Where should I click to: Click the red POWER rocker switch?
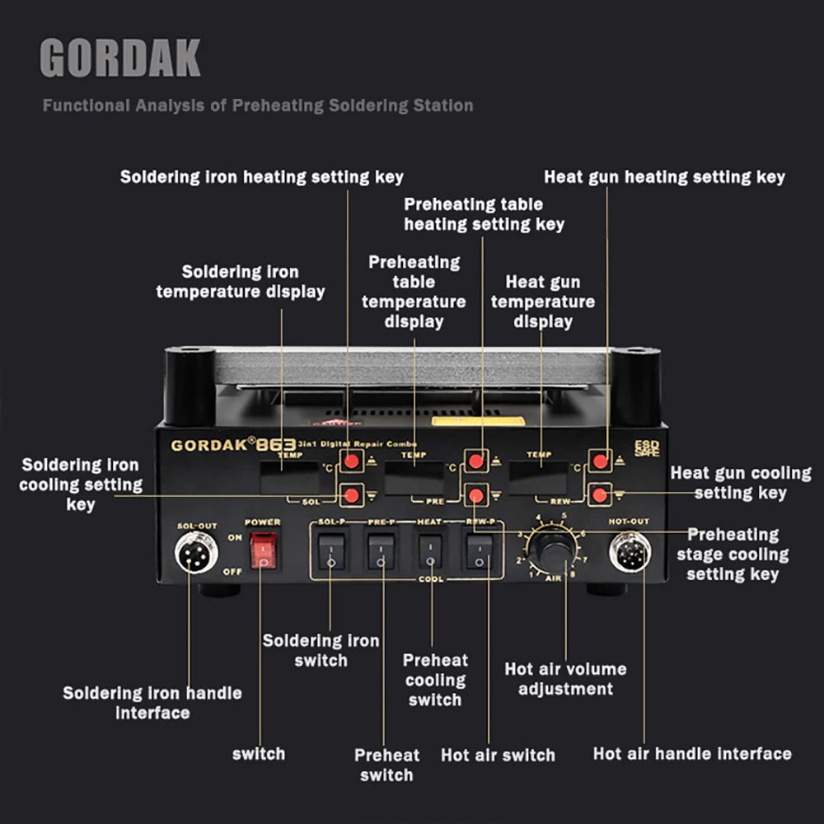[263, 549]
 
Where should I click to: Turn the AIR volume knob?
[551, 547]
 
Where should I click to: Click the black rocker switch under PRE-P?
[381, 551]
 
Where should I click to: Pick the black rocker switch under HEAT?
[430, 551]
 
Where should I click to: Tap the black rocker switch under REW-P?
[480, 551]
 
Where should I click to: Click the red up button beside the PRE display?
[476, 461]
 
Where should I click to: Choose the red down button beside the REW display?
[600, 494]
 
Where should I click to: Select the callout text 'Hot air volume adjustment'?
[565, 679]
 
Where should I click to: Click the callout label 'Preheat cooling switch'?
[435, 680]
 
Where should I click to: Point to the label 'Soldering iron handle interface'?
[152, 703]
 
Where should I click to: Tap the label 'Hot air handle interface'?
[692, 753]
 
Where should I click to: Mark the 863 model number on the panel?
[275, 445]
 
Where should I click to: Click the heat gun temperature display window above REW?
[540, 477]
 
